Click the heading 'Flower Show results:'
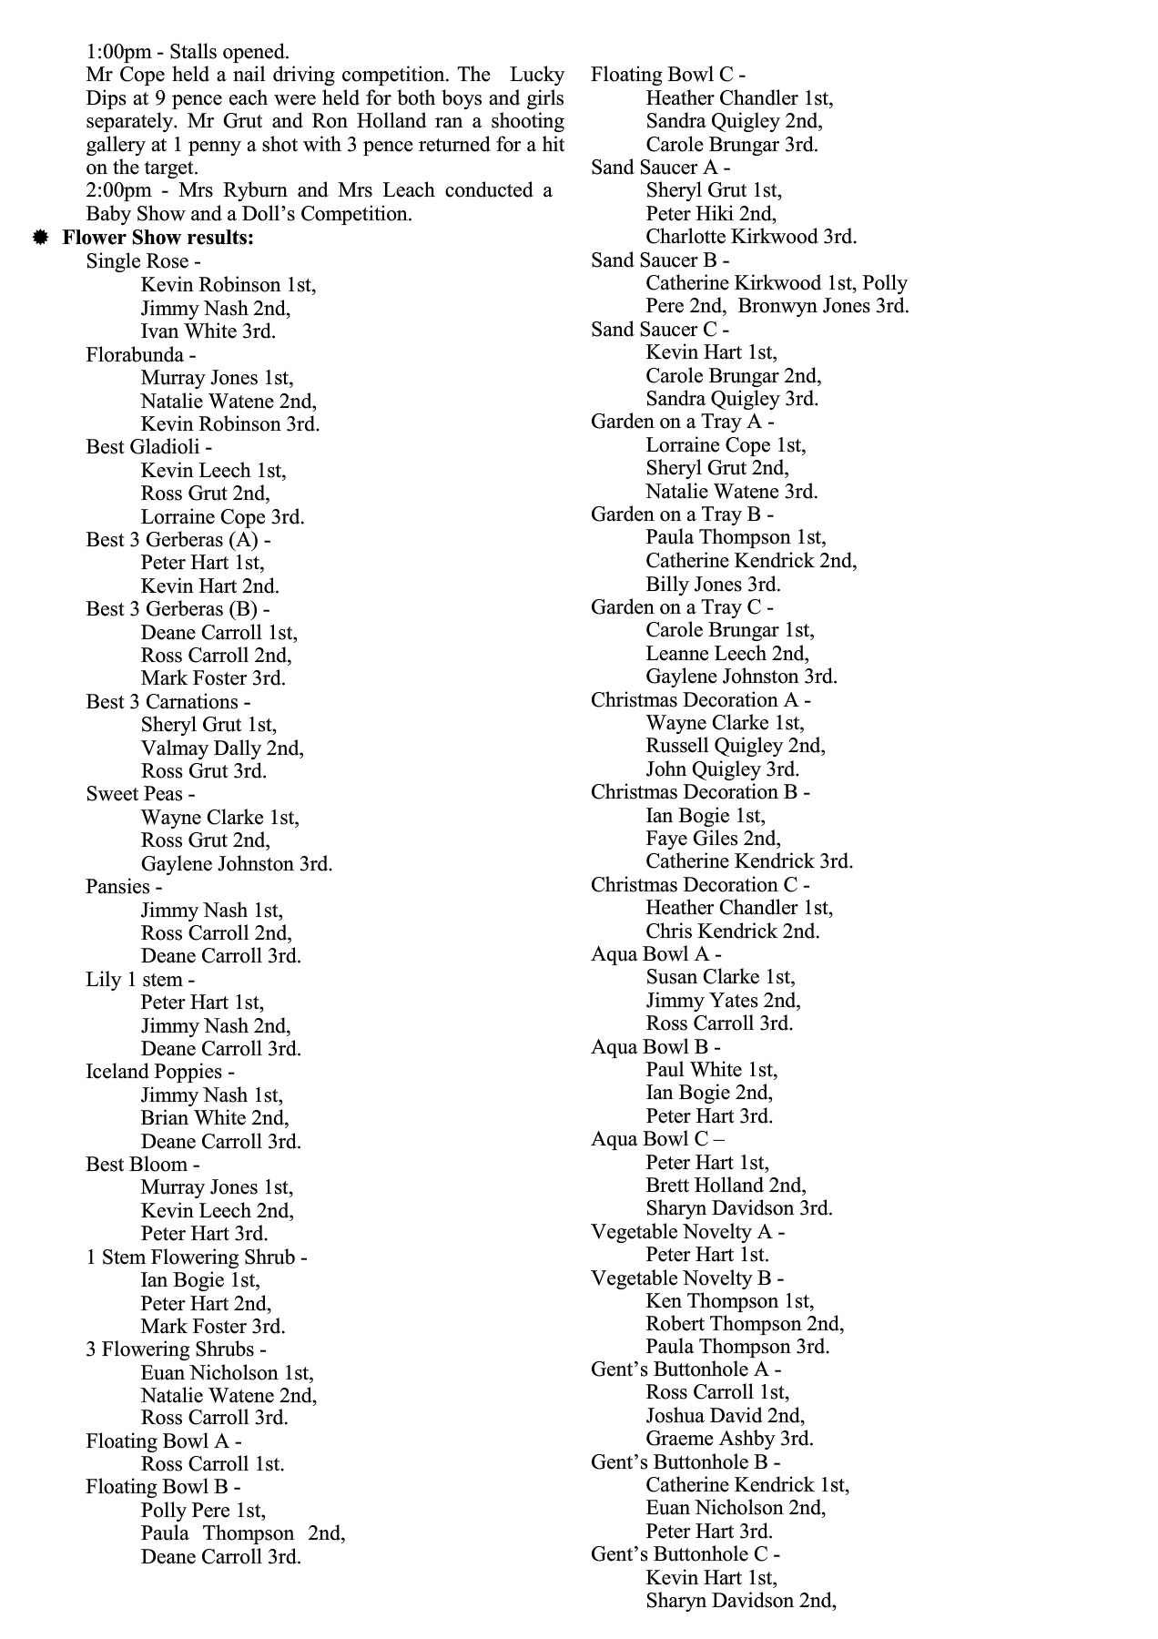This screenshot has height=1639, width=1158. pos(157,238)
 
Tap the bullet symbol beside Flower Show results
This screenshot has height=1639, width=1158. pos(40,238)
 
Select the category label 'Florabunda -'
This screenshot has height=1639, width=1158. pos(140,354)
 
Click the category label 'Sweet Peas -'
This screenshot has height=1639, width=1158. pos(140,794)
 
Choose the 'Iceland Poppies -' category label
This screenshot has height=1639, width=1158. pos(159,1072)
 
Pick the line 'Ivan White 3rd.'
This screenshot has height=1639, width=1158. pos(208,331)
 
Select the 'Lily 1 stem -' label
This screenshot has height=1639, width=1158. pos(140,980)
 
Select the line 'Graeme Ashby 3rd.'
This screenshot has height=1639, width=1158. pos(729,1439)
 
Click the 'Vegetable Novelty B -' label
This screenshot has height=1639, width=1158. pos(686,1278)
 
